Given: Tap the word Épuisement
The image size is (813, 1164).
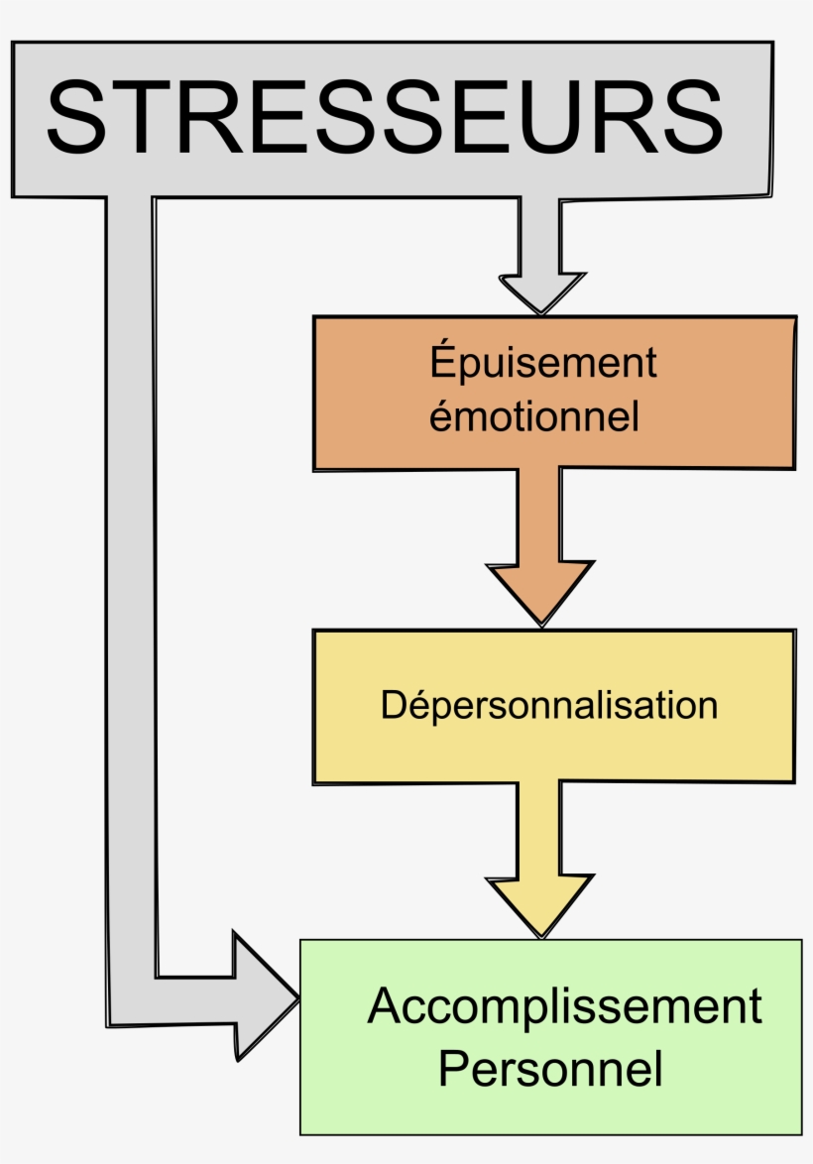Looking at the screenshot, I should point(543,362).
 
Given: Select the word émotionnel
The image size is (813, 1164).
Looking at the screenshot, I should point(533,415).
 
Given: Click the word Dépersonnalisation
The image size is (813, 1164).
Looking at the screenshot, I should point(549,705).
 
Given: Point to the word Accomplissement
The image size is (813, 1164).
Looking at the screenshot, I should point(564,1006).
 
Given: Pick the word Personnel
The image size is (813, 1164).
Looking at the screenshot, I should point(550,1070).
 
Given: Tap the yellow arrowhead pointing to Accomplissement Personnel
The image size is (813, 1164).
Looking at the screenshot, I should point(540,904).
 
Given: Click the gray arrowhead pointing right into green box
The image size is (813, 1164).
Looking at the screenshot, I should point(262,996).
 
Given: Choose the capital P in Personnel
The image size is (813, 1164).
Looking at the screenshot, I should point(454,1070).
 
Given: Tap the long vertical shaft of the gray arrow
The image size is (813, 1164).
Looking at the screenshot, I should point(130,595).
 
